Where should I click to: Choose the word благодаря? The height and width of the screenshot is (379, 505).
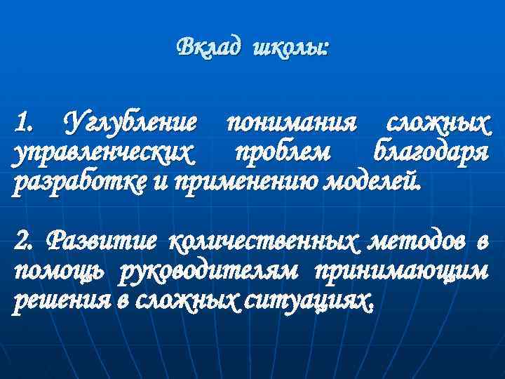[430, 153]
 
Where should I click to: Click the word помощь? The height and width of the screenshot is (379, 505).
[55, 272]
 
